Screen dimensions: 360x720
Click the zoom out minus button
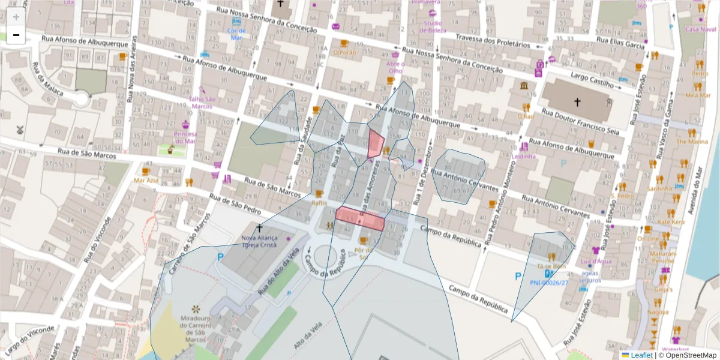pyautogui.click(x=16, y=35)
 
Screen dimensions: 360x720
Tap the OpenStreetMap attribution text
pyautogui.click(x=691, y=355)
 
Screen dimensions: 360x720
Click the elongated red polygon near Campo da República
pyautogui.click(x=359, y=218)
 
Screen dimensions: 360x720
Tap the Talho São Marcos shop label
pyautogui.click(x=202, y=103)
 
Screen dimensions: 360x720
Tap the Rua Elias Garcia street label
pyautogui.click(x=620, y=43)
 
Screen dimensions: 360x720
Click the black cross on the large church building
pyautogui.click(x=577, y=102)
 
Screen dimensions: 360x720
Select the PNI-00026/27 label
pyautogui.click(x=548, y=282)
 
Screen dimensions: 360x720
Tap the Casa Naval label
pyautogui.click(x=700, y=29)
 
